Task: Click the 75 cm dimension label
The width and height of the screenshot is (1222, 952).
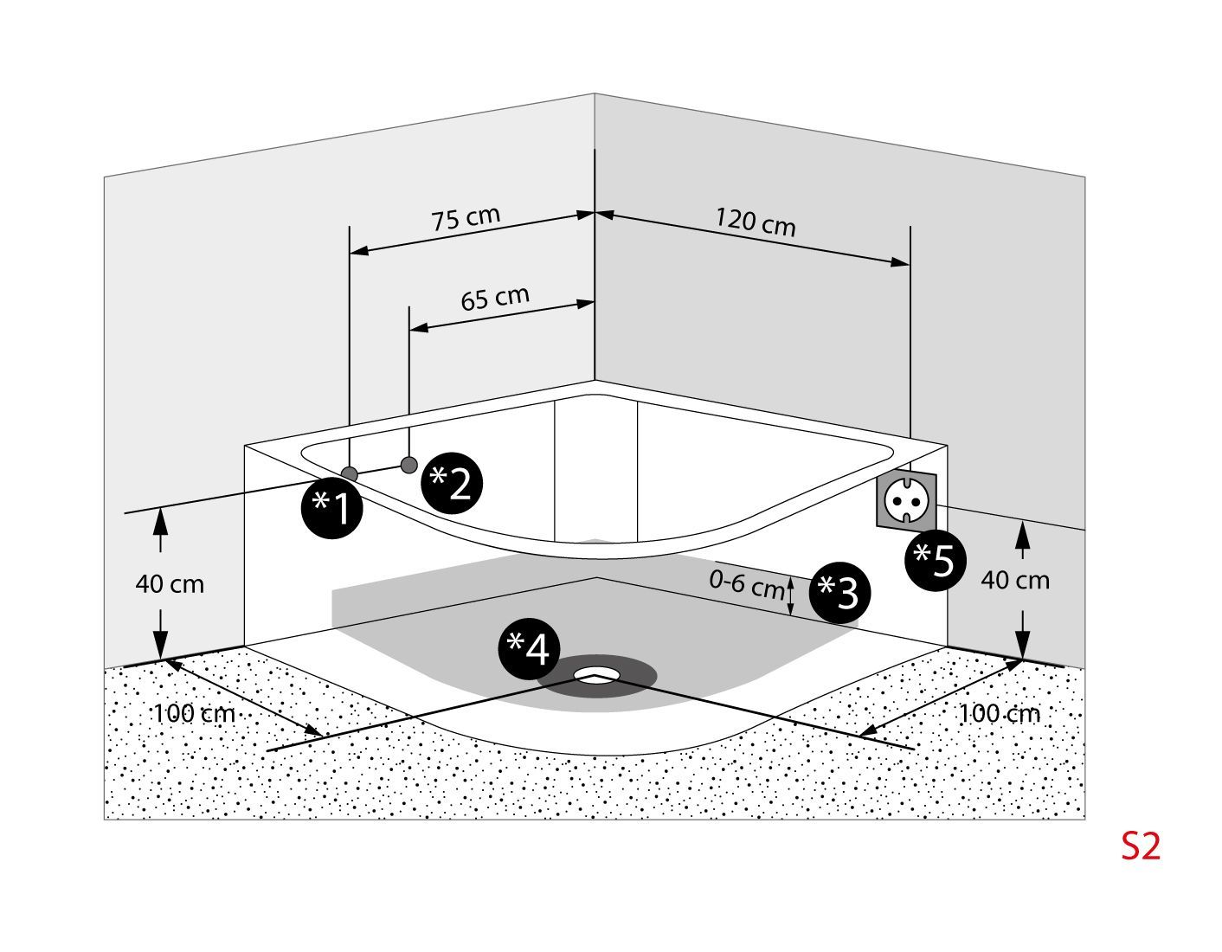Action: click(466, 217)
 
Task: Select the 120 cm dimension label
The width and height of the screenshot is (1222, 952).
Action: click(755, 222)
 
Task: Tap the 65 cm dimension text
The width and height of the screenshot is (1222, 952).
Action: click(494, 298)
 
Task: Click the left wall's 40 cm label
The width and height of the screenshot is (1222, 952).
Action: click(170, 584)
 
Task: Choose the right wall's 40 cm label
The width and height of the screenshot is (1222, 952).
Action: click(1014, 580)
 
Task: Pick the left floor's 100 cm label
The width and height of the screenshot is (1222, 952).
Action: click(194, 714)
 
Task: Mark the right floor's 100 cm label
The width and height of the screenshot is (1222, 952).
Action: click(1000, 714)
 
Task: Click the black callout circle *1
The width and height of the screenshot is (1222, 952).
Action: click(331, 507)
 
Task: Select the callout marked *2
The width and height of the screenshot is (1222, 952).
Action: click(452, 483)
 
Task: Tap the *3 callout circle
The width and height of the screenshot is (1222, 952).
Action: click(839, 592)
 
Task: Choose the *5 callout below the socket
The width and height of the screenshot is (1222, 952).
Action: click(936, 560)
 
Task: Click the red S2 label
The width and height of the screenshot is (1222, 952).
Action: click(1140, 846)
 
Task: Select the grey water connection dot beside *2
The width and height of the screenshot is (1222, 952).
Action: click(409, 465)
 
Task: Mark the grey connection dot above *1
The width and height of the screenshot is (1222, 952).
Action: click(350, 473)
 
